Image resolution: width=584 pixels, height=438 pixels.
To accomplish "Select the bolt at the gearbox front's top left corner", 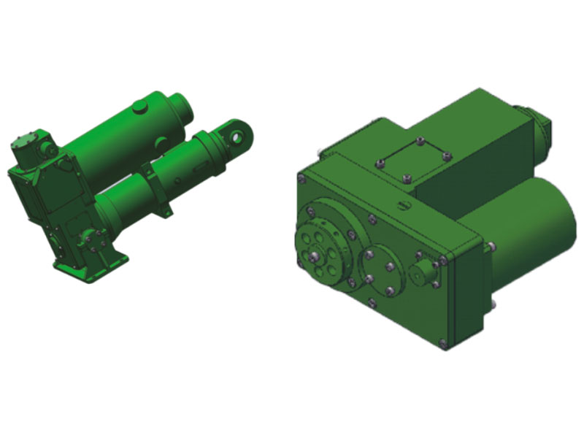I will click(301, 177).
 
